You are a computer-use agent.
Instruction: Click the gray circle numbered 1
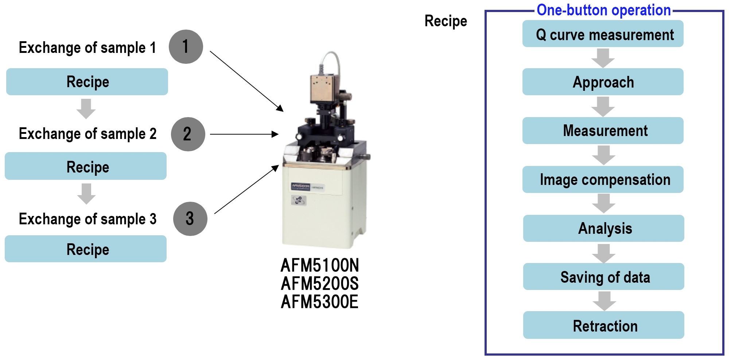[186, 47]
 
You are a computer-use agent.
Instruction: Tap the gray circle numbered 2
[188, 134]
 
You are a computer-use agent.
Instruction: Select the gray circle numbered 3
[190, 219]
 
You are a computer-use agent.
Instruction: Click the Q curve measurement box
[603, 34]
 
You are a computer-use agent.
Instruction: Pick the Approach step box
[603, 82]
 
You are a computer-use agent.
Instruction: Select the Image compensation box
[603, 179]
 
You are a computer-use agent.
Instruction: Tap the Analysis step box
[603, 228]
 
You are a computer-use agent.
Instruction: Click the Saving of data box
[603, 276]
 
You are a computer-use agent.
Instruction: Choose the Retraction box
[603, 325]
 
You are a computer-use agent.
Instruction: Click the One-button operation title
[603, 10]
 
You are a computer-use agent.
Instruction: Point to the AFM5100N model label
[320, 265]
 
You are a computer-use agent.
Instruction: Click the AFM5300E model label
[320, 302]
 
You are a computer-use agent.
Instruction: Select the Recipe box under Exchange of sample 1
[87, 82]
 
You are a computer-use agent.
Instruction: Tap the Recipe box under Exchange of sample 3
[86, 249]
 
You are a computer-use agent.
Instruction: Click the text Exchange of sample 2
[88, 134]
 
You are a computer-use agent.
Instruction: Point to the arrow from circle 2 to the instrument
[244, 134]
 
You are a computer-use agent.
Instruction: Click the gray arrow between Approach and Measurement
[603, 107]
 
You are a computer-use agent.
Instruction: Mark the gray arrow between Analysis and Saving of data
[604, 253]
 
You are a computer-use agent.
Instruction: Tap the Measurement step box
[603, 131]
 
